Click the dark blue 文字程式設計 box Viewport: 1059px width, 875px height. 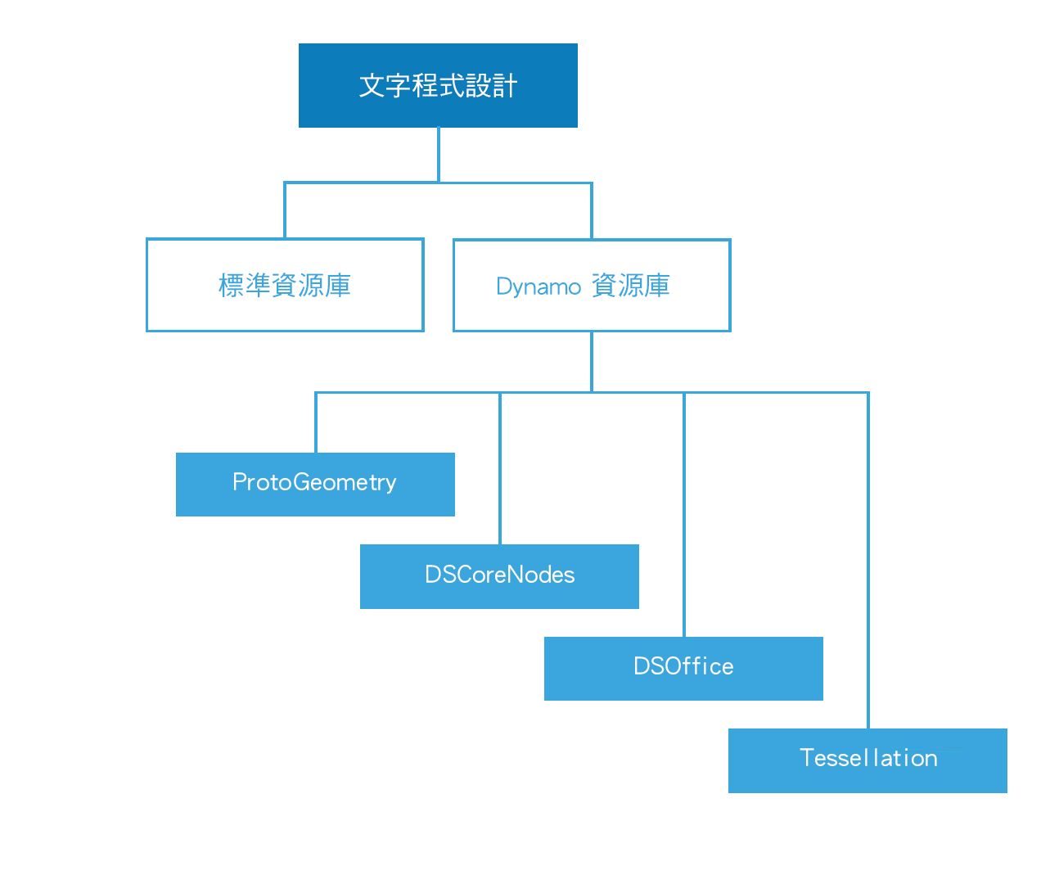(x=438, y=85)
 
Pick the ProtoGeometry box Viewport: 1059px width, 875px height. (x=315, y=485)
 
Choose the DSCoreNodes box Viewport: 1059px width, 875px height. (x=499, y=576)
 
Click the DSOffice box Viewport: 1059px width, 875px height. (x=683, y=669)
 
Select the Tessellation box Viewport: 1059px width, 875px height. (x=867, y=760)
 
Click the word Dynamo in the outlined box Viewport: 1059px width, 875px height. (x=539, y=287)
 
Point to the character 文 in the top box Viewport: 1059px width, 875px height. (x=372, y=85)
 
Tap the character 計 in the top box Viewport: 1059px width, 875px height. (x=505, y=85)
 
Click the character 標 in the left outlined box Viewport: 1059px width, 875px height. (x=232, y=285)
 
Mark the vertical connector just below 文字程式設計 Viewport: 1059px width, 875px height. (x=438, y=155)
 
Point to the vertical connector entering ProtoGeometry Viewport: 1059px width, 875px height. (x=315, y=422)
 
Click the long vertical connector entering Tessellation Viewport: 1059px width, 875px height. (x=867, y=560)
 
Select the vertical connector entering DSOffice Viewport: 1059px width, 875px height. (x=683, y=514)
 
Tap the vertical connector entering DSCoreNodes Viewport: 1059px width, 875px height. (x=499, y=468)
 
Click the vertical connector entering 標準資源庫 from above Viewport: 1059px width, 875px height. (x=285, y=210)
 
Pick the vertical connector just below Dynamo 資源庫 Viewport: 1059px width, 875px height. (x=592, y=362)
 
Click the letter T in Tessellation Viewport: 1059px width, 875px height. (x=807, y=758)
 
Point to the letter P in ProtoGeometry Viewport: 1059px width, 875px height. (x=240, y=481)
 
